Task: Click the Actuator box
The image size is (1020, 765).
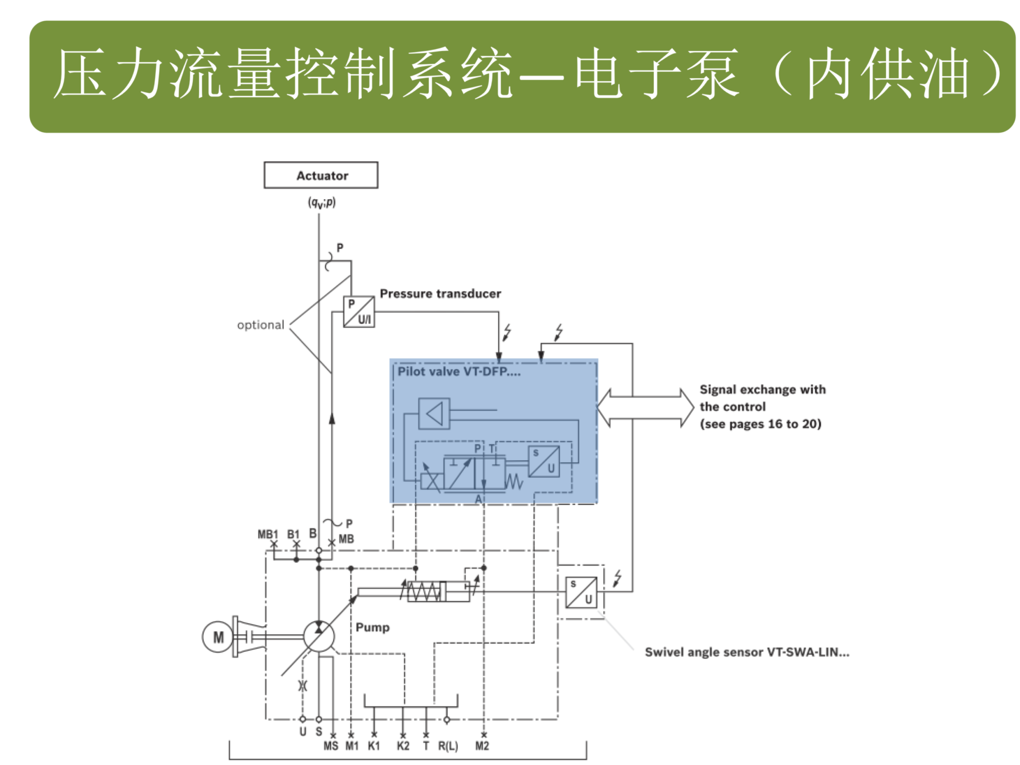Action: pos(321,175)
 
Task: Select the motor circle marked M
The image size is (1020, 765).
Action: pos(218,636)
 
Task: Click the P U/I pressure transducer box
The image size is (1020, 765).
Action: pos(359,312)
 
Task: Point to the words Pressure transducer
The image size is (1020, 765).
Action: pos(440,294)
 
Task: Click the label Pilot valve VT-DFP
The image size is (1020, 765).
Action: pos(459,372)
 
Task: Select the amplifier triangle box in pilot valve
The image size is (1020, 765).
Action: pos(434,413)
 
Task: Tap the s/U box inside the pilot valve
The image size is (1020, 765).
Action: pos(543,461)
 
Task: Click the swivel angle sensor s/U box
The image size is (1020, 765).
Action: pos(581,592)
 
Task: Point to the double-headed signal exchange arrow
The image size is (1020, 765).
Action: pos(645,407)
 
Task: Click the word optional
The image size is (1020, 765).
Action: pos(260,325)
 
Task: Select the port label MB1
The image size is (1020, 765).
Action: pos(268,534)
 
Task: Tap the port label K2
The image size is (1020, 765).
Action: pos(403,746)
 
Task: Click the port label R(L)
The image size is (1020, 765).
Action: pos(448,746)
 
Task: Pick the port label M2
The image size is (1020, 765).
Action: pos(482,746)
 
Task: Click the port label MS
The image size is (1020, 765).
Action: pos(331,746)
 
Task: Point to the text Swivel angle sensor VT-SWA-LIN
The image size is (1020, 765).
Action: pos(747,652)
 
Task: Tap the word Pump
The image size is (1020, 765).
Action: pos(372,627)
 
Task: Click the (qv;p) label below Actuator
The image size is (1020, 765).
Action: pos(322,202)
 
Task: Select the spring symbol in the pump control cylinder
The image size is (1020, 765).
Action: pos(423,591)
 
